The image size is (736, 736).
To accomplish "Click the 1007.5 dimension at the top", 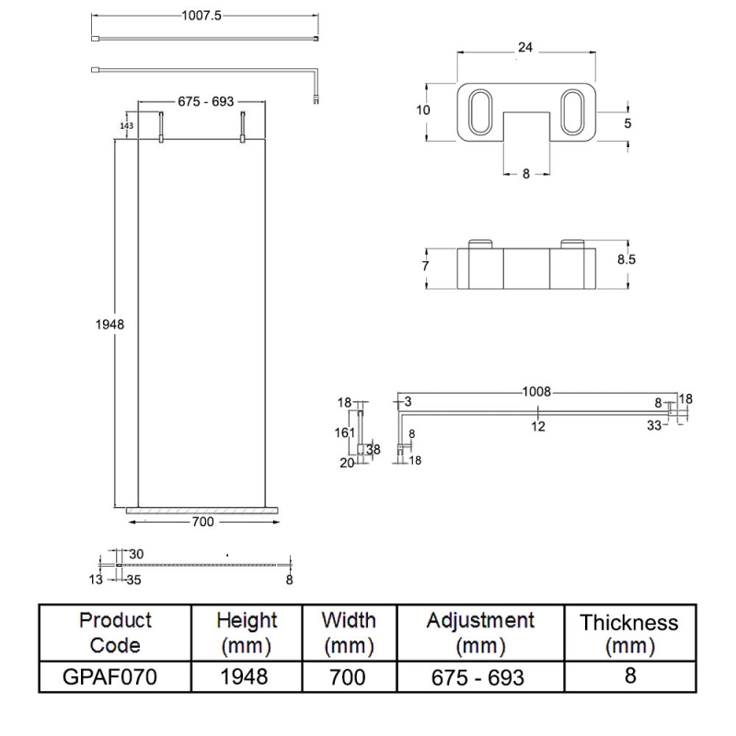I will pyautogui.click(x=203, y=17).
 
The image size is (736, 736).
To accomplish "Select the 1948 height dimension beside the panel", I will pyautogui.click(x=109, y=324).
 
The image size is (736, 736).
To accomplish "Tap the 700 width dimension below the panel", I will pyautogui.click(x=202, y=522).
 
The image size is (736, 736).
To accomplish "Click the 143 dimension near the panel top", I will pyautogui.click(x=127, y=125).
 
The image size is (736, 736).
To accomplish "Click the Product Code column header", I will pyautogui.click(x=115, y=632).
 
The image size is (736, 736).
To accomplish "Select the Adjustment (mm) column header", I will pyautogui.click(x=479, y=632).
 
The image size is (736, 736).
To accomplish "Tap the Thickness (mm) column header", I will pyautogui.click(x=629, y=634).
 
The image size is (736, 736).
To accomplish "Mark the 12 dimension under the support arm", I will pyautogui.click(x=538, y=425).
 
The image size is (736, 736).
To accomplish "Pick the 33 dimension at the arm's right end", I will pyautogui.click(x=653, y=425).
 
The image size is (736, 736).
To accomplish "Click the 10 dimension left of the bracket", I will pyautogui.click(x=423, y=109).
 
